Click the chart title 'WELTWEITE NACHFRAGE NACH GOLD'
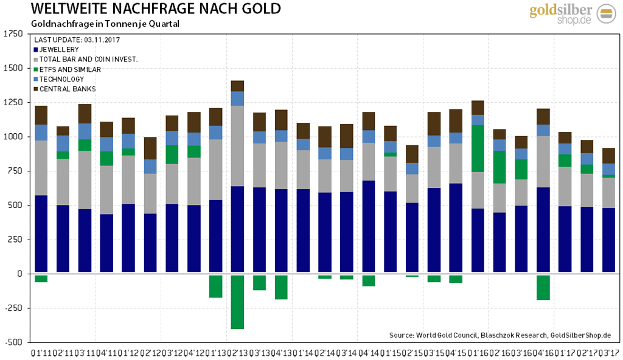(x=147, y=9)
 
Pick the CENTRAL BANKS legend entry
(x=65, y=89)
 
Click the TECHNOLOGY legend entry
(x=62, y=79)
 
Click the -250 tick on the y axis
(x=13, y=308)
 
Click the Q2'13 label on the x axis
(x=237, y=352)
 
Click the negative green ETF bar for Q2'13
(x=237, y=302)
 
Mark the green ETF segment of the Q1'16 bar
(x=478, y=148)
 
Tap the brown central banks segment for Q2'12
(x=150, y=148)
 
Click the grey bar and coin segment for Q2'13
(x=237, y=146)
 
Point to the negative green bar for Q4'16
(x=543, y=287)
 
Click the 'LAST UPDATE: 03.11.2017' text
(x=77, y=40)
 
